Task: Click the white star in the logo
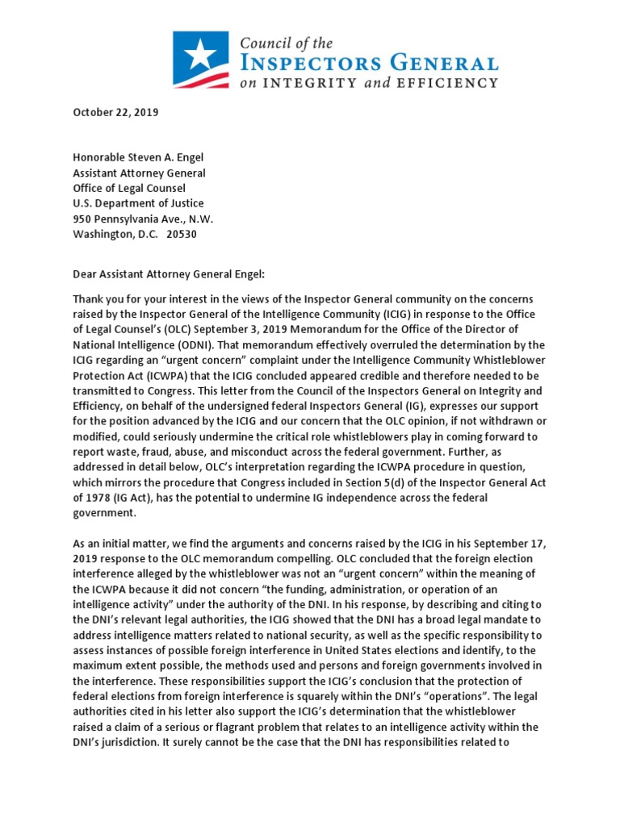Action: (x=196, y=55)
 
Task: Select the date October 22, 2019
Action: (x=115, y=112)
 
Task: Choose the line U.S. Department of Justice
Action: (x=138, y=203)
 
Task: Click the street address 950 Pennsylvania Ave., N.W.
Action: (x=143, y=219)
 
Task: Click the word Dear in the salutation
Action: (x=86, y=273)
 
